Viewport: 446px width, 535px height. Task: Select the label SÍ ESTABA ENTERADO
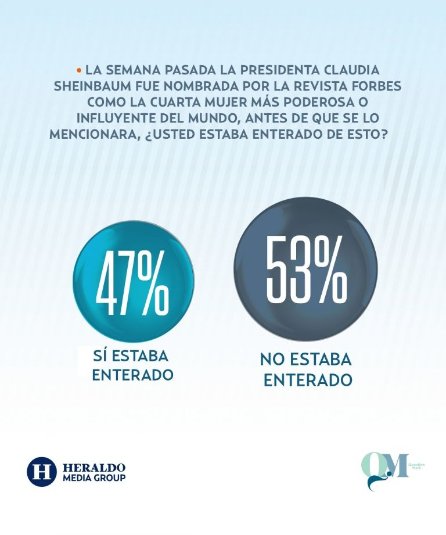click(x=132, y=365)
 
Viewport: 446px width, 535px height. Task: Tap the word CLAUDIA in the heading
click(x=354, y=70)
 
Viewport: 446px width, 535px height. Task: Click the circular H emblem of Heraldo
click(x=41, y=471)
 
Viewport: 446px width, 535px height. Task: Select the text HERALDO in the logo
click(x=93, y=467)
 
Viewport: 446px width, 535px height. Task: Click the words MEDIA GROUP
click(x=93, y=478)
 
